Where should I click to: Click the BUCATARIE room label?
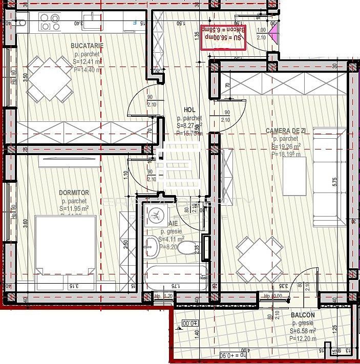pyautogui.click(x=88, y=46)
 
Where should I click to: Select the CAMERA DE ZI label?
pyautogui.click(x=286, y=132)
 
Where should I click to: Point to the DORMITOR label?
pyautogui.click(x=74, y=193)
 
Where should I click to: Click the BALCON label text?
pyautogui.click(x=303, y=316)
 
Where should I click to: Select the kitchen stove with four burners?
pyautogui.click(x=50, y=22)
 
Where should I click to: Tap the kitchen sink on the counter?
pyautogui.click(x=92, y=21)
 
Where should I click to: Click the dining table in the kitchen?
pyautogui.click(x=50, y=79)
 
